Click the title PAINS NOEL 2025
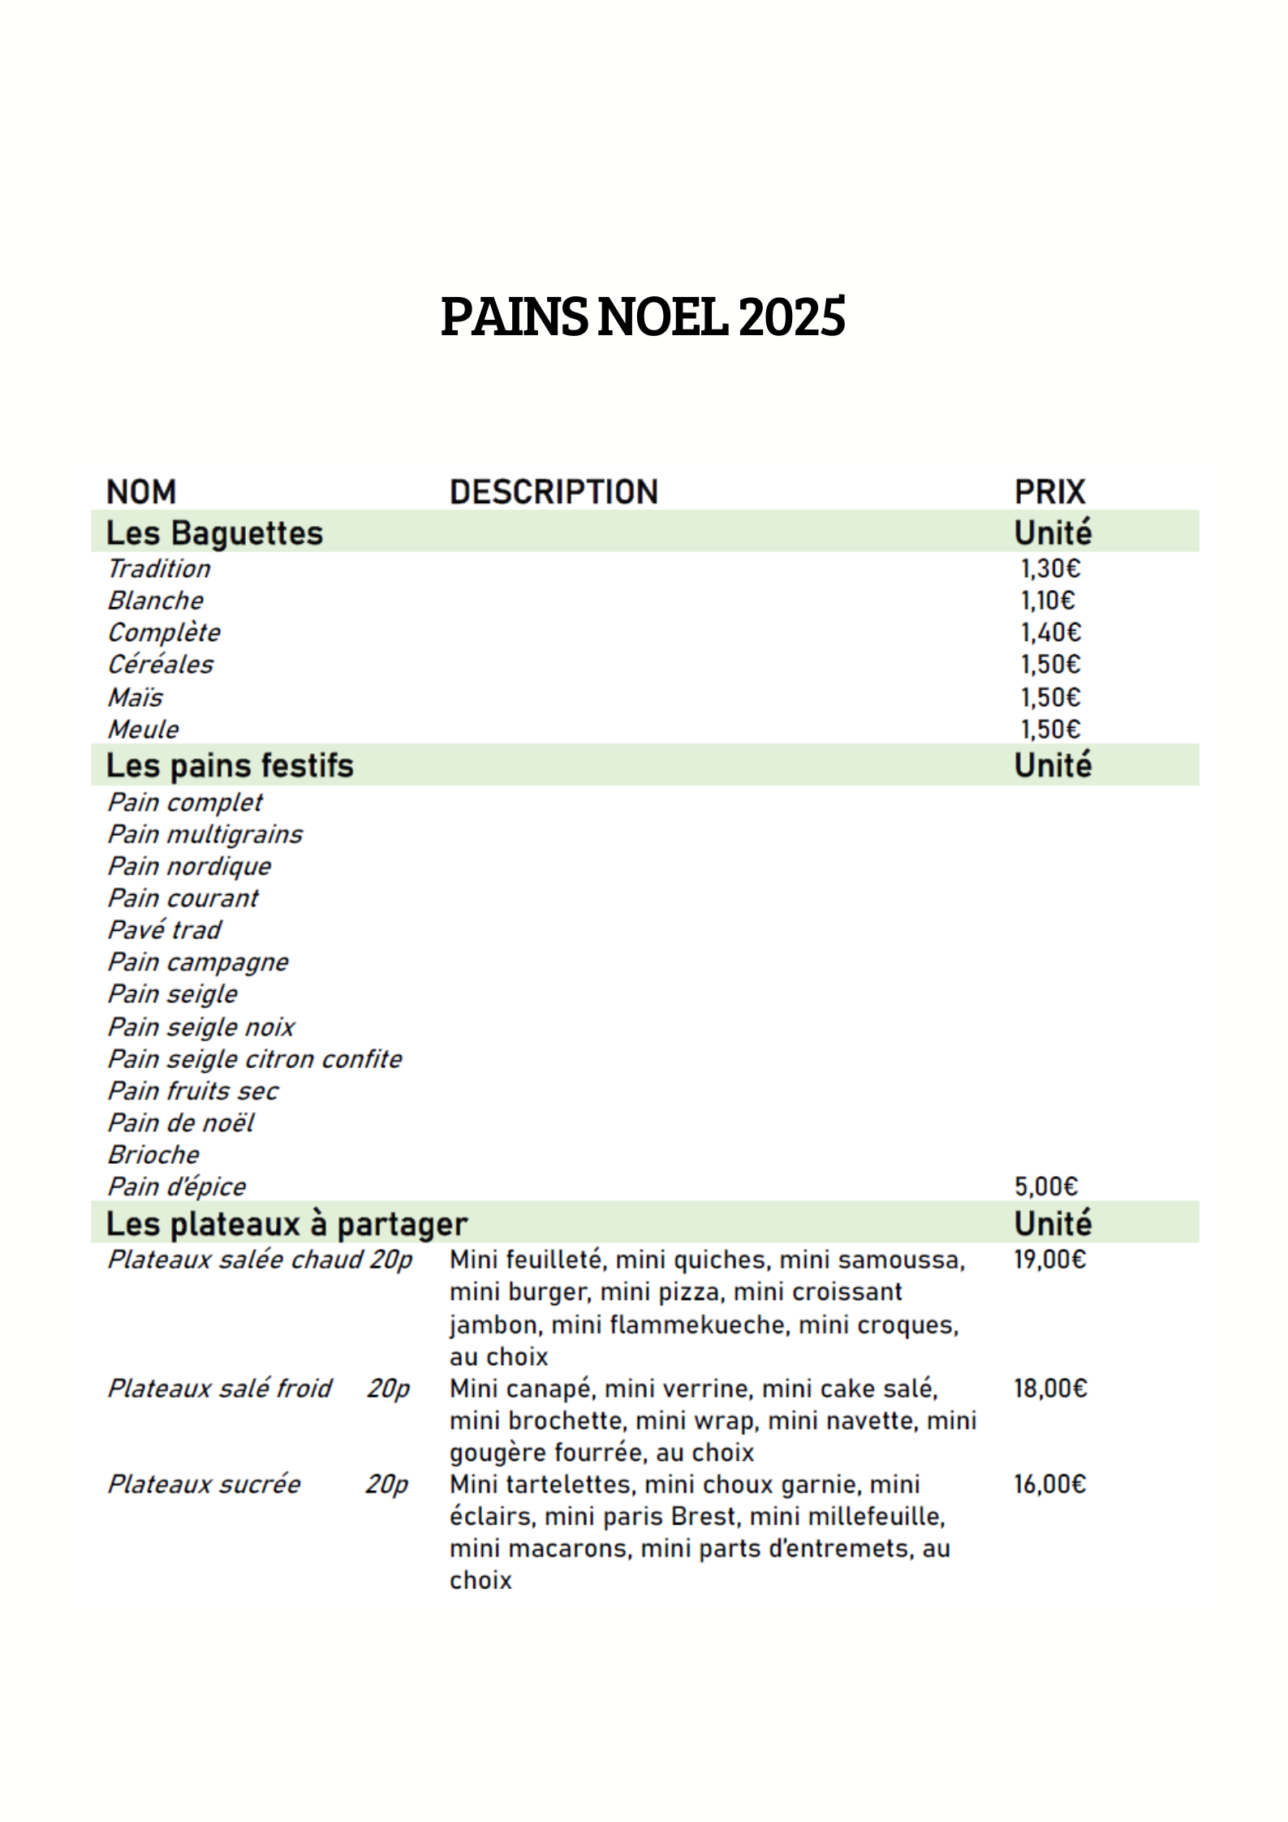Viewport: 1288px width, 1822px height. click(643, 317)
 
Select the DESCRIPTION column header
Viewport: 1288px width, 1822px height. click(554, 492)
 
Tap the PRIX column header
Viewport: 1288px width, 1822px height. click(1049, 492)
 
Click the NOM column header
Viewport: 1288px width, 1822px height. click(141, 492)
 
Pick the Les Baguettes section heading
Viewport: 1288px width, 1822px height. click(214, 533)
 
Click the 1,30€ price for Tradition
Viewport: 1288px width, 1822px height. click(1050, 568)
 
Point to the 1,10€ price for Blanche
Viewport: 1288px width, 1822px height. click(1047, 601)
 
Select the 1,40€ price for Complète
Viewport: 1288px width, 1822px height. click(1050, 632)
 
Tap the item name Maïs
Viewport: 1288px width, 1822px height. click(136, 697)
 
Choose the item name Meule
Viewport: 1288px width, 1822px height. click(144, 729)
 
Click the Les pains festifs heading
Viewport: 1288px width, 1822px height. click(230, 765)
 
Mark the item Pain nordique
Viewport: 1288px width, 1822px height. click(189, 866)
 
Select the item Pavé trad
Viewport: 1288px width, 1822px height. click(165, 929)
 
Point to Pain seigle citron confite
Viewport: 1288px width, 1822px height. click(255, 1058)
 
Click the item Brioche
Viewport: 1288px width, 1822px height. click(153, 1154)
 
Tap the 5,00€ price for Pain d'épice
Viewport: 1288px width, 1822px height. click(1046, 1187)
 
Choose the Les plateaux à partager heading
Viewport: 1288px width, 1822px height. click(286, 1224)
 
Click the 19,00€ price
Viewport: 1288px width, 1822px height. click(1049, 1260)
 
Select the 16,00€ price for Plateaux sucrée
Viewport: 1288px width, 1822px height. click(1049, 1484)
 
